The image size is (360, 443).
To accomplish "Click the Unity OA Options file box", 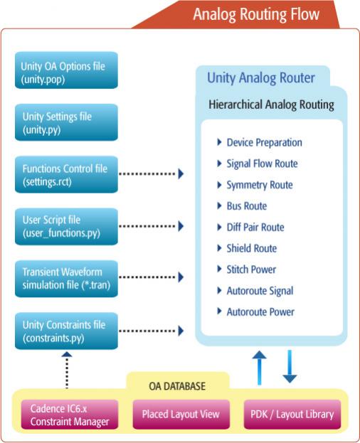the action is coord(66,70).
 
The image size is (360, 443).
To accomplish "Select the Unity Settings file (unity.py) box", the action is coord(66,122).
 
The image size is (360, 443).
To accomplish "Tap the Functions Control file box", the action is coord(66,174).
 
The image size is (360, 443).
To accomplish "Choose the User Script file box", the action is coord(66,227).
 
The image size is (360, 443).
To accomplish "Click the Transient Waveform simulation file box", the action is coord(66,279).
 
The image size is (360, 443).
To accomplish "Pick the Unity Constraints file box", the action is coord(66,331).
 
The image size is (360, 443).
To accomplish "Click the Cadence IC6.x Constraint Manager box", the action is coord(70,415).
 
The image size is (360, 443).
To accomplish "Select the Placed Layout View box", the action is coord(181,415).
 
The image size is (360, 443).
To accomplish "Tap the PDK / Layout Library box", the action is coord(292,415).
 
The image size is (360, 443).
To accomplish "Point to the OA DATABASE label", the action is coord(177,386).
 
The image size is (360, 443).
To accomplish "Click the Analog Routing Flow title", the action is coord(256,14).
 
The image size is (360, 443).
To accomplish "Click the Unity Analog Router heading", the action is coord(261,78).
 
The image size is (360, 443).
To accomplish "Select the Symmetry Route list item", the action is coord(260,185).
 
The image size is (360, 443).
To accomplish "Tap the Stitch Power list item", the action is coord(251,269).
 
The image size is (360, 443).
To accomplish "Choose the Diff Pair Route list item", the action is coord(255,227).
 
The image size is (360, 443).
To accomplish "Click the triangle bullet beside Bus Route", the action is coord(219,206).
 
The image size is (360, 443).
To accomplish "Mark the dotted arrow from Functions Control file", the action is coord(151,174).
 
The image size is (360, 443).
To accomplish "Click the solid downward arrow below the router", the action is coord(290,366).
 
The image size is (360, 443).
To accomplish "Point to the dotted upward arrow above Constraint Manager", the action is coord(67,370).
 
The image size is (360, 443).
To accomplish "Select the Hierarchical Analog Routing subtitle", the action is coord(271,105).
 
